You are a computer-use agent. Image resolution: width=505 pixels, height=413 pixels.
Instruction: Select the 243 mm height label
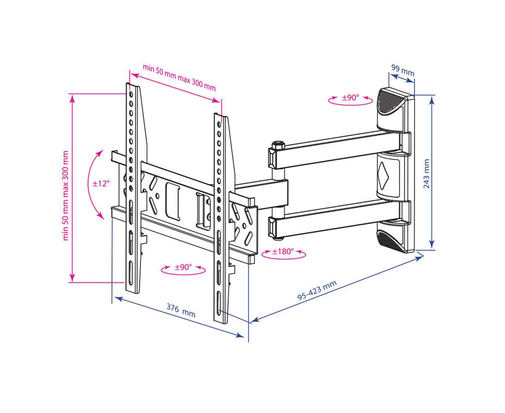[x=426, y=174]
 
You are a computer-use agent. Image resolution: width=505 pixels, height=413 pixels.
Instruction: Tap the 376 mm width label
[x=180, y=311]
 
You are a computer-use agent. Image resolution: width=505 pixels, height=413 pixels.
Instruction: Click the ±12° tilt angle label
[x=101, y=184]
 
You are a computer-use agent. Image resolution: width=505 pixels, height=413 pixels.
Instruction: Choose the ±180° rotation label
[x=283, y=252]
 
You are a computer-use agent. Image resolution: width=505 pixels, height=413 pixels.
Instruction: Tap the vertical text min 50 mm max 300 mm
[x=66, y=195]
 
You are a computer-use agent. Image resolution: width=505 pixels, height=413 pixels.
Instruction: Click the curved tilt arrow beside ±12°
[x=94, y=184]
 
